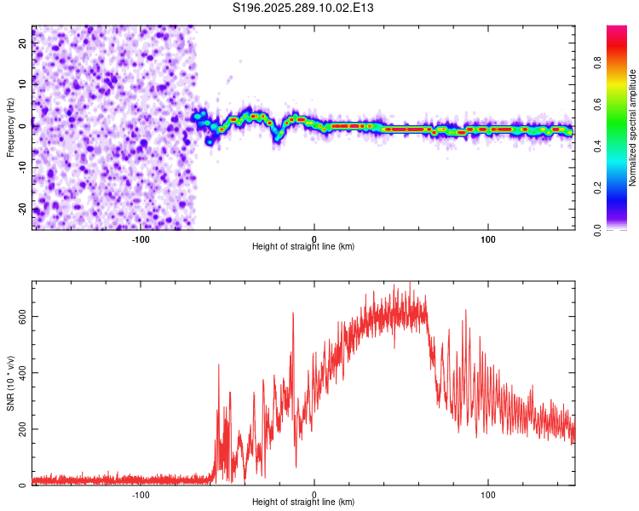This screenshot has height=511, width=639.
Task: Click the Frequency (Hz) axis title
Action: click(x=10, y=128)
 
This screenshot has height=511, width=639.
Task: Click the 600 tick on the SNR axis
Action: click(x=22, y=316)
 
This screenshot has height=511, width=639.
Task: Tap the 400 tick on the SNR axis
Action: click(x=22, y=372)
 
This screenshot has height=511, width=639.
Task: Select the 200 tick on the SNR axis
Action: click(x=22, y=428)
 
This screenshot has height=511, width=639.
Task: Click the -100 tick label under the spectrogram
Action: click(x=141, y=239)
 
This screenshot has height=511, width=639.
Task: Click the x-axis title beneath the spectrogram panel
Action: click(x=303, y=247)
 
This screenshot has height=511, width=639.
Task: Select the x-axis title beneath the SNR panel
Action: click(x=303, y=502)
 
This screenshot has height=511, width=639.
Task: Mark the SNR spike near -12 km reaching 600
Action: click(x=293, y=314)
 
